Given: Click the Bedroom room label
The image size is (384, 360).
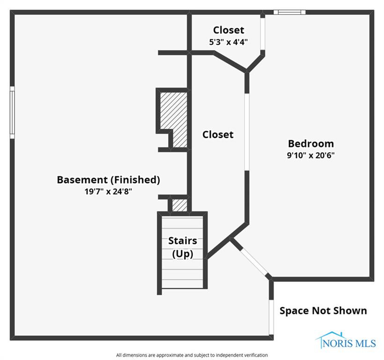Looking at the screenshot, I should tap(310, 143).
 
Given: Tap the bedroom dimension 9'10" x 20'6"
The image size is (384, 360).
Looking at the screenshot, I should tap(310, 155).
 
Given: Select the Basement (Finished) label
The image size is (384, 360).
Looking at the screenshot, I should tap(108, 180).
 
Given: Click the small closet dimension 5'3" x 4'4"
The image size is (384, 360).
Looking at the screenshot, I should tap(228, 42).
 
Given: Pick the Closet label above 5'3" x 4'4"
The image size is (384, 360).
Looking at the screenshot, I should tap(228, 30).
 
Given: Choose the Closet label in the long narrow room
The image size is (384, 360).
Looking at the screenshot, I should tap(218, 135).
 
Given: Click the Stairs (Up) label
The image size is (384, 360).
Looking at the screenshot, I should tap(183, 247).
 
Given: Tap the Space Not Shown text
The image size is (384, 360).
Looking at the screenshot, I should tap(323, 310).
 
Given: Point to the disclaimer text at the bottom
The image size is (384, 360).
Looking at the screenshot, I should tap(192, 355).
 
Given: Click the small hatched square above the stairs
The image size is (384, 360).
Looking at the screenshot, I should tap(180, 205).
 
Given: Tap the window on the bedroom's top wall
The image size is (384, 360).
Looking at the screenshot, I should tap(289, 12).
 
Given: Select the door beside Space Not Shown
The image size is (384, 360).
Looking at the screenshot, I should tap(271, 316).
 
